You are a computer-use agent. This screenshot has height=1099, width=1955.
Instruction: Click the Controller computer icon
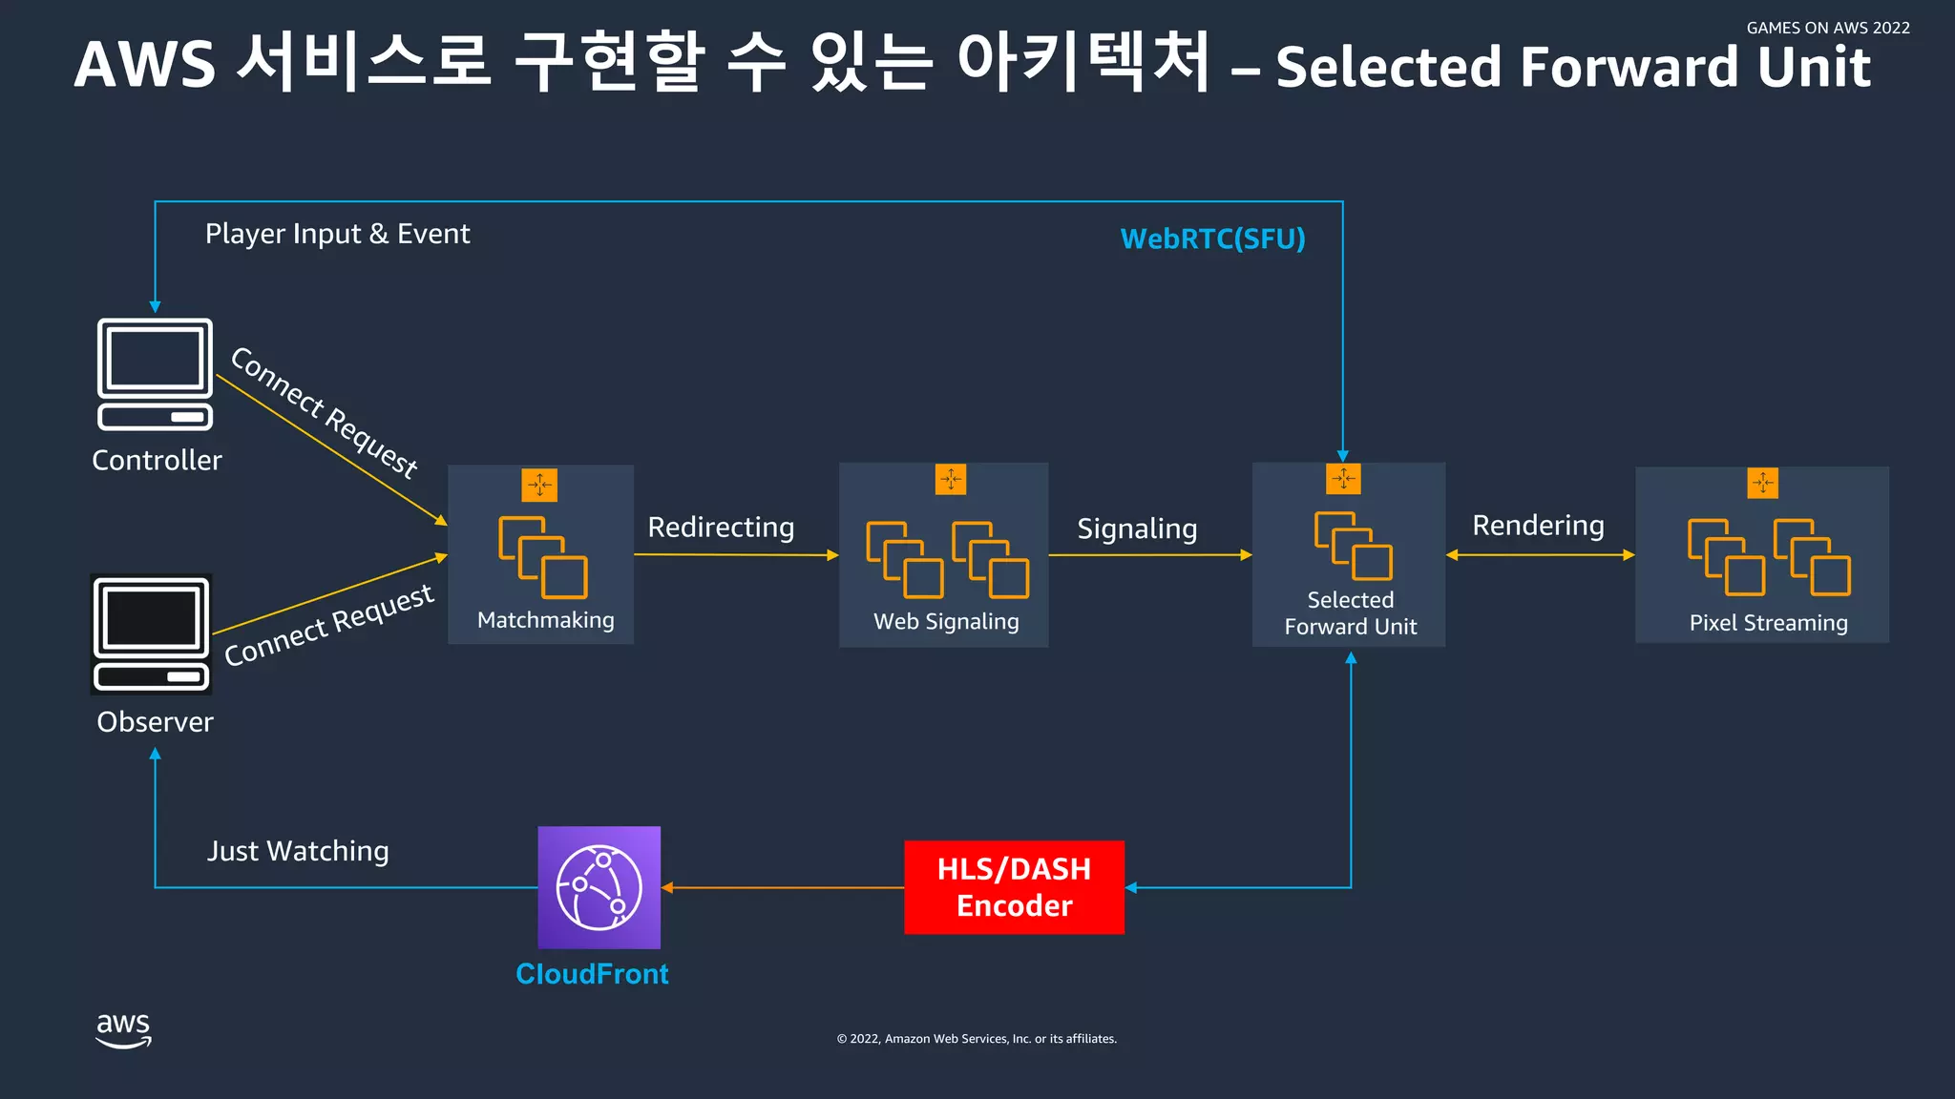click(155, 374)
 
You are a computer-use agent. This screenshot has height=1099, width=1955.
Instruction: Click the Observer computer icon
click(152, 633)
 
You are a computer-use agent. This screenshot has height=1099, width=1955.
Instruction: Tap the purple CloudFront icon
click(599, 887)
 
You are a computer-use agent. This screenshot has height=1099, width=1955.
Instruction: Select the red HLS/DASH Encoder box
click(1014, 887)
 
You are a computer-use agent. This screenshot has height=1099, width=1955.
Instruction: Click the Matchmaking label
click(545, 620)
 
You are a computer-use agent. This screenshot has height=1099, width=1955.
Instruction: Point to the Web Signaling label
click(946, 621)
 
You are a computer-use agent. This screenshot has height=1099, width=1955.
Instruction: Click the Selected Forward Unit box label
click(1350, 613)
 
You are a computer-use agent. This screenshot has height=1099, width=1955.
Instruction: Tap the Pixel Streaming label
click(1768, 623)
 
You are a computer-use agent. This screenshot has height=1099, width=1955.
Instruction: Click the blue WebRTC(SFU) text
click(1212, 238)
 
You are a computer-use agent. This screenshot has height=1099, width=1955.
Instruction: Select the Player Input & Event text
click(337, 234)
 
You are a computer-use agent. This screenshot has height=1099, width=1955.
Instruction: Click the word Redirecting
click(721, 528)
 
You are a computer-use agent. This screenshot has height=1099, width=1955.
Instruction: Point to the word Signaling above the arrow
click(1137, 529)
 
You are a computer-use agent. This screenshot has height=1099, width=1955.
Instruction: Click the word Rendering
click(1538, 526)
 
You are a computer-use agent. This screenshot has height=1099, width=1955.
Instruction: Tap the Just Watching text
click(298, 851)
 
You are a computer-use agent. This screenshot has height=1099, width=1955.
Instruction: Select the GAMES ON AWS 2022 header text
click(1827, 28)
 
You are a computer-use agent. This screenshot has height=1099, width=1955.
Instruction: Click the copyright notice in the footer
click(977, 1039)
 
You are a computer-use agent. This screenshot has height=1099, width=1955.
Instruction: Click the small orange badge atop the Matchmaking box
click(539, 485)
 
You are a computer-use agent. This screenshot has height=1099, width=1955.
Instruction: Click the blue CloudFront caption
click(592, 974)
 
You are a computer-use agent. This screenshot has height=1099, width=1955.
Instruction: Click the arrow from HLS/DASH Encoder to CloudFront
click(783, 887)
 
